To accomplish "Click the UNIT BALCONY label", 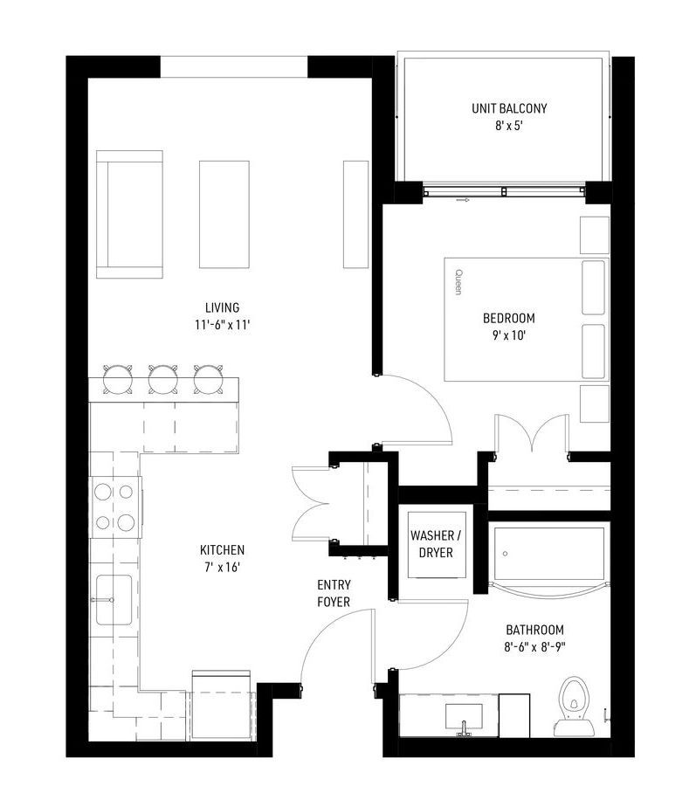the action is (509, 108).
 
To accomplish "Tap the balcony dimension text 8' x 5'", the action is (508, 126).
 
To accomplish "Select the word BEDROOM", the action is (509, 318).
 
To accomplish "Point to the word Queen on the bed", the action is (458, 282).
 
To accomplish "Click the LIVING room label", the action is (222, 307).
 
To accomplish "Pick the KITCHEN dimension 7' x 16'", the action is (222, 568).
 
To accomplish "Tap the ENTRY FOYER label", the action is (334, 593).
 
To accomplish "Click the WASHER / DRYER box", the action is (436, 544).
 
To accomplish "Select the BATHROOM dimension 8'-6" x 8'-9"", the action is (534, 647).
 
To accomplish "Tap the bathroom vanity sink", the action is (464, 718).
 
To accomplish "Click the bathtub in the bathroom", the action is (548, 555).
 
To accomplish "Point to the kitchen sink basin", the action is (114, 599).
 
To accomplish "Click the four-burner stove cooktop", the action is (116, 507).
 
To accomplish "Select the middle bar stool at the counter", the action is (163, 379).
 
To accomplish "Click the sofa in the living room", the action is (129, 215).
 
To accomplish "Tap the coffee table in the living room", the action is (224, 215).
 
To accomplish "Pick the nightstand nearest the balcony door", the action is (595, 235).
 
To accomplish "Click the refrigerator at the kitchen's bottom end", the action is (222, 706).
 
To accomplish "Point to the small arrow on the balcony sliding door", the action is (462, 200).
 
